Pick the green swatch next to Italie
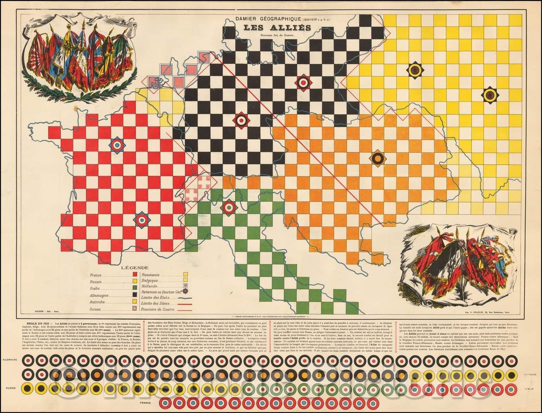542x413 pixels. point(135,288)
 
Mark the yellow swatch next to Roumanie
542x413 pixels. point(185,275)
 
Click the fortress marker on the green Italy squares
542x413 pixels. point(229,207)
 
